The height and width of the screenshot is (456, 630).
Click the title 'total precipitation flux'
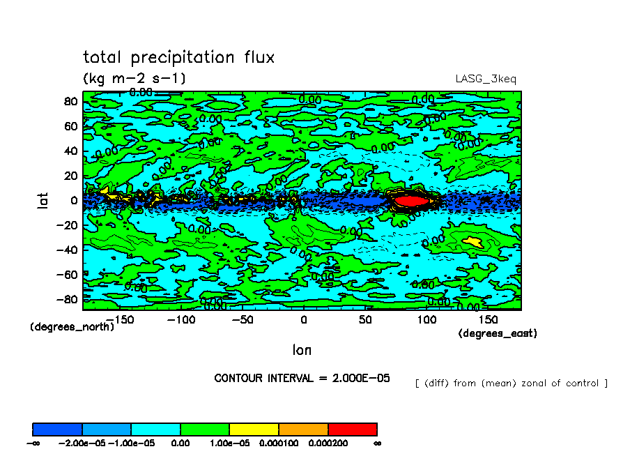point(178,57)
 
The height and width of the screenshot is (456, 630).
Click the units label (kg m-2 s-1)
point(135,78)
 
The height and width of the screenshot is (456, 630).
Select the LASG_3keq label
point(486,79)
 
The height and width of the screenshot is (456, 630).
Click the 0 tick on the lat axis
point(72,200)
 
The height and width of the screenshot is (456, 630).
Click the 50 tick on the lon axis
point(365,319)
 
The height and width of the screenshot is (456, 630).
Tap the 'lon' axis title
point(302,349)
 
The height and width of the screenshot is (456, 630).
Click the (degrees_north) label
point(72,326)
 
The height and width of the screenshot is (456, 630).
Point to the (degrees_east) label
point(498,333)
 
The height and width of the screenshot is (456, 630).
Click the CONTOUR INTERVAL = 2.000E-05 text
point(302,378)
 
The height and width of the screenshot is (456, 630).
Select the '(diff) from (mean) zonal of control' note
point(511,383)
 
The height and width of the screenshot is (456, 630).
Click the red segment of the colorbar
point(353,429)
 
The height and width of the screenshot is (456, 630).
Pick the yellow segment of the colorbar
point(254,429)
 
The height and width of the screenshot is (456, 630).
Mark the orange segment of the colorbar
point(303,429)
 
